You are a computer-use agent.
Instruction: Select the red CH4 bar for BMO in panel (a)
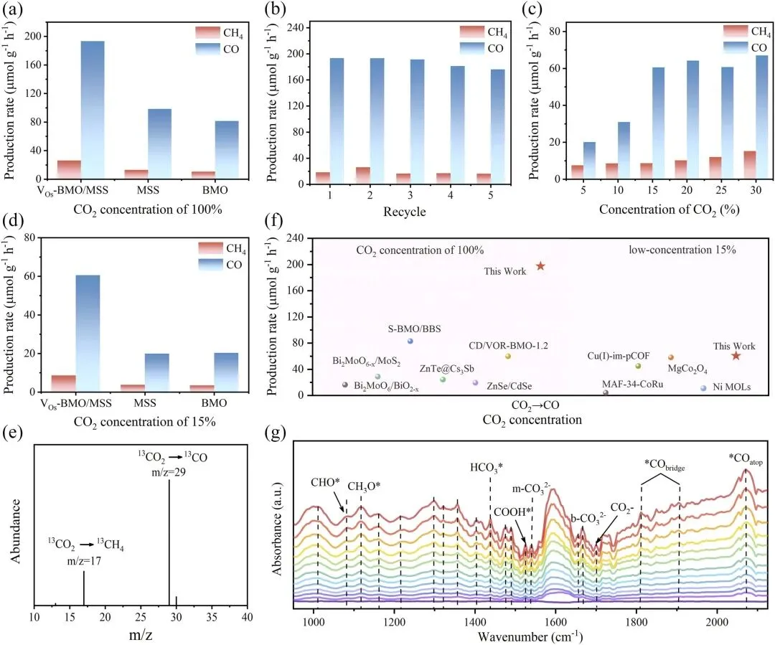203,174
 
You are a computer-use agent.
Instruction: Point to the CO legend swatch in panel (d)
212,265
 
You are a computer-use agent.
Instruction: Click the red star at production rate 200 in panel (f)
540,266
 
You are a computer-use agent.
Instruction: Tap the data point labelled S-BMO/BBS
410,341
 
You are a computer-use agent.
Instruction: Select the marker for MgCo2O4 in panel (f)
671,357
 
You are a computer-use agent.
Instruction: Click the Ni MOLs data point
703,388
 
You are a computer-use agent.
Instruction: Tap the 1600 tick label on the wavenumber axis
555,621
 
